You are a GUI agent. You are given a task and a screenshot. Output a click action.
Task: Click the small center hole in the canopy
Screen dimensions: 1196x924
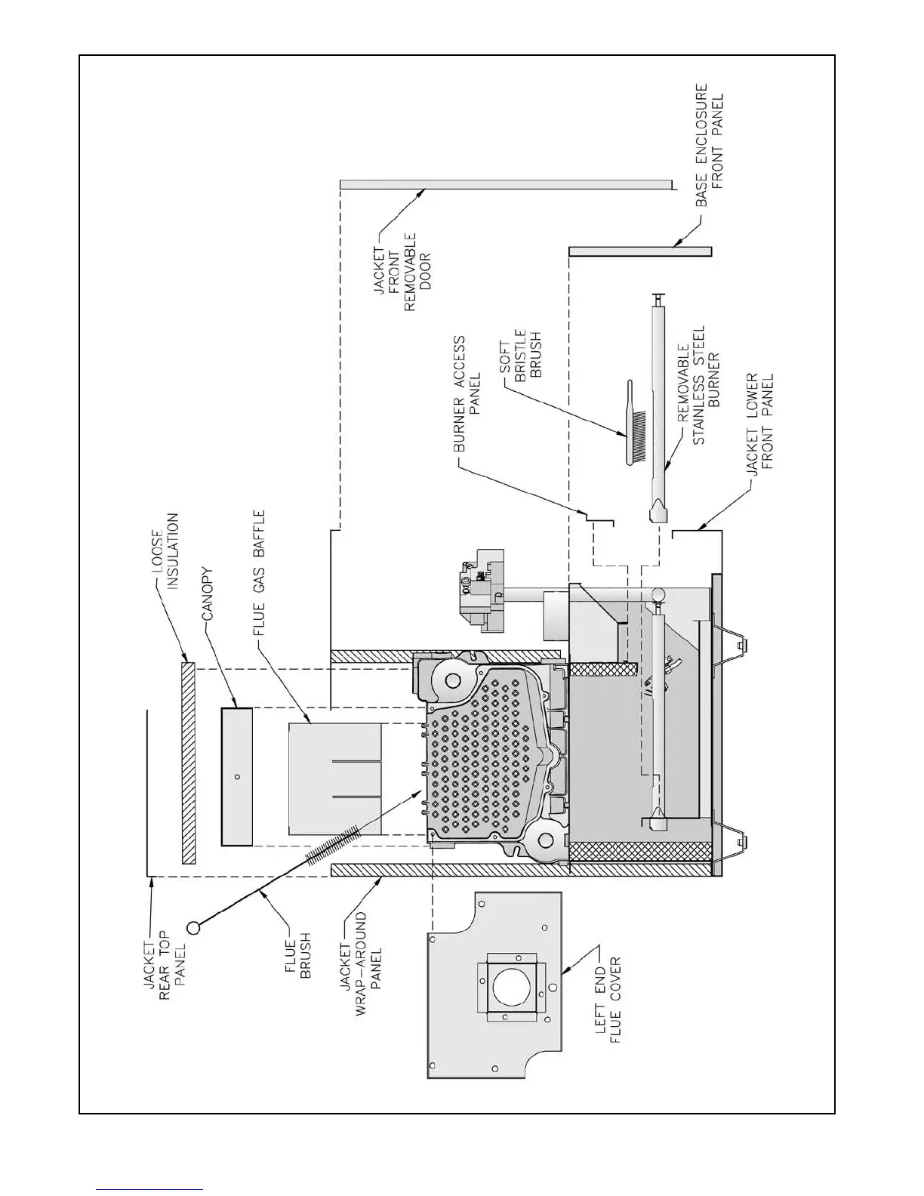pyautogui.click(x=237, y=776)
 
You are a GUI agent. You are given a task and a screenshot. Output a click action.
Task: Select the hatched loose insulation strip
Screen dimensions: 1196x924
pyautogui.click(x=188, y=763)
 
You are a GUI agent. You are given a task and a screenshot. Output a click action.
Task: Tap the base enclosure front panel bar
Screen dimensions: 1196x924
pyautogui.click(x=640, y=251)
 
